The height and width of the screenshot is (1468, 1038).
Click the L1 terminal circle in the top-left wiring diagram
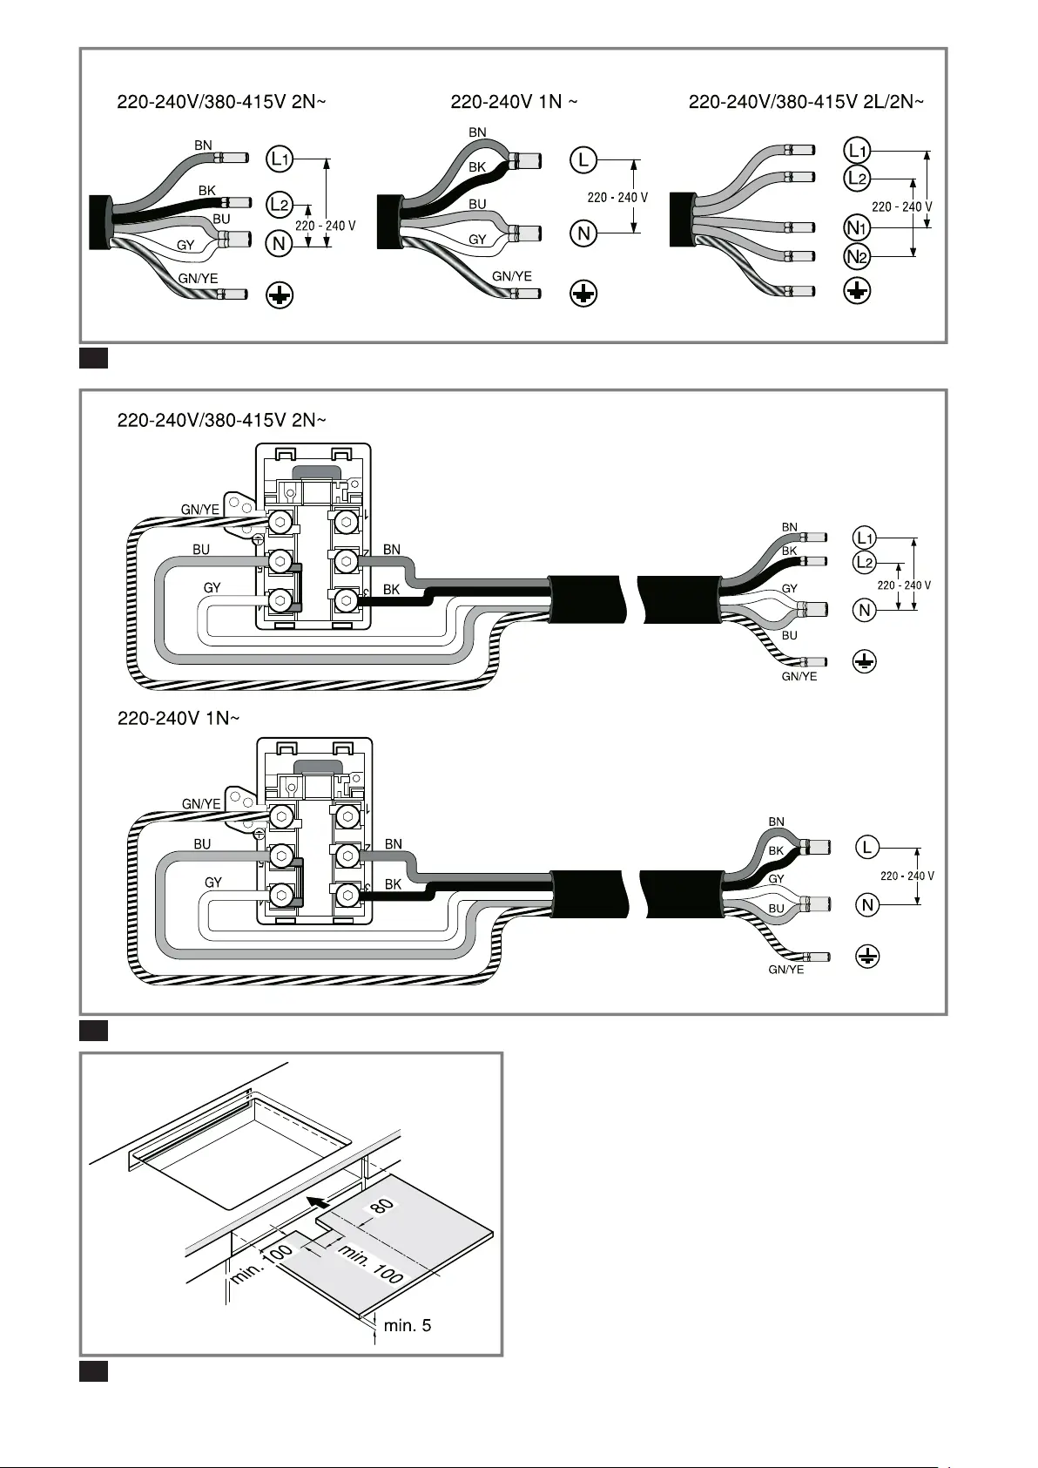tap(280, 159)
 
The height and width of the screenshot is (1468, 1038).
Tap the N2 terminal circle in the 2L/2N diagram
tap(857, 256)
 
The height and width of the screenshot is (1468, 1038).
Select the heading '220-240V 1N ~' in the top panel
tap(514, 102)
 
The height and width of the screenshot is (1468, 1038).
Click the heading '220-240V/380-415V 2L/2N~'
tap(806, 102)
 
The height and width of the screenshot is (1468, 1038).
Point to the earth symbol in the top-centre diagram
tap(583, 294)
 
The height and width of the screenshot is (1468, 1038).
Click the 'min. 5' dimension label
tap(408, 1326)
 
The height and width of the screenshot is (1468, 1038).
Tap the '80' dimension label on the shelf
tap(382, 1205)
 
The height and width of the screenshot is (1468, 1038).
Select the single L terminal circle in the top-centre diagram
tap(583, 160)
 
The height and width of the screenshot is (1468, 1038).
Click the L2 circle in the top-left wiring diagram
tap(280, 205)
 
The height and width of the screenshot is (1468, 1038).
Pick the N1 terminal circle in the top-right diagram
tap(857, 228)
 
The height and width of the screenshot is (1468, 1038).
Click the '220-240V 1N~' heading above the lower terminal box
tap(179, 718)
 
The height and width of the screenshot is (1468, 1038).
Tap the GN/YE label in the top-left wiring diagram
tap(198, 279)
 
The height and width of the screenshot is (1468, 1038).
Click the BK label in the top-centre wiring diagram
tap(477, 167)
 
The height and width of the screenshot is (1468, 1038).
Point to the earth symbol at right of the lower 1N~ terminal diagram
tap(867, 957)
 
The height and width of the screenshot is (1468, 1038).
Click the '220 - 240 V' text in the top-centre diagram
tap(617, 197)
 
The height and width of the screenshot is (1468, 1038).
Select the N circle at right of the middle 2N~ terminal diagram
tap(865, 610)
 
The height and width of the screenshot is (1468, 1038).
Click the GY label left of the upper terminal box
tap(212, 588)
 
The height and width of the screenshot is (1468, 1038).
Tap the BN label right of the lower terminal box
tap(394, 844)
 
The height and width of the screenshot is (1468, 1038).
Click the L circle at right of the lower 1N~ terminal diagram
tap(867, 848)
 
